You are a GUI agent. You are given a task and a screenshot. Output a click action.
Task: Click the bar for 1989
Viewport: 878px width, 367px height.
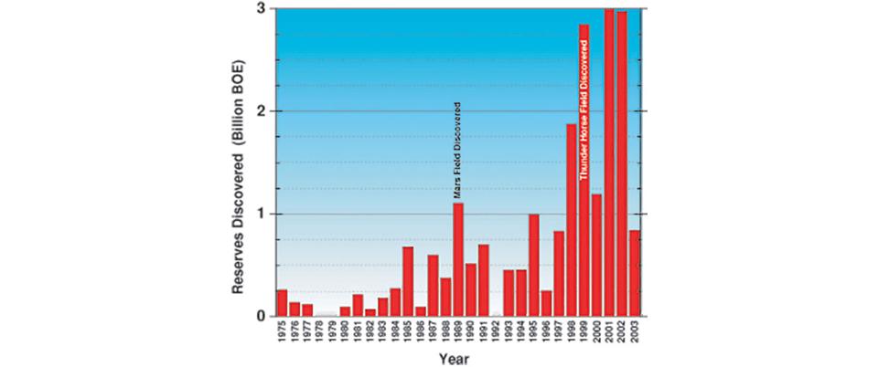tap(458, 259)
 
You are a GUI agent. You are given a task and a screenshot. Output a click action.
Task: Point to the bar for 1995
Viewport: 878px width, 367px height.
tap(533, 265)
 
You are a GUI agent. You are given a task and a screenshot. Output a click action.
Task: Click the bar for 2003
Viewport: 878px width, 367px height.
tap(634, 273)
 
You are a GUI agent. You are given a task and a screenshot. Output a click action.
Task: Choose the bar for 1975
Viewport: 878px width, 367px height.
tap(282, 302)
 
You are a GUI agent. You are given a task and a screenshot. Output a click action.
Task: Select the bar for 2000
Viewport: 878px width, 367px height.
tap(596, 255)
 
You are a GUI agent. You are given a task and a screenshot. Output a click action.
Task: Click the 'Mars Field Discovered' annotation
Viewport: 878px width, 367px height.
tap(457, 151)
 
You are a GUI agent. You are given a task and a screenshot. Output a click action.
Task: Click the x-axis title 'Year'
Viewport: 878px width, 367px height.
tap(454, 358)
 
